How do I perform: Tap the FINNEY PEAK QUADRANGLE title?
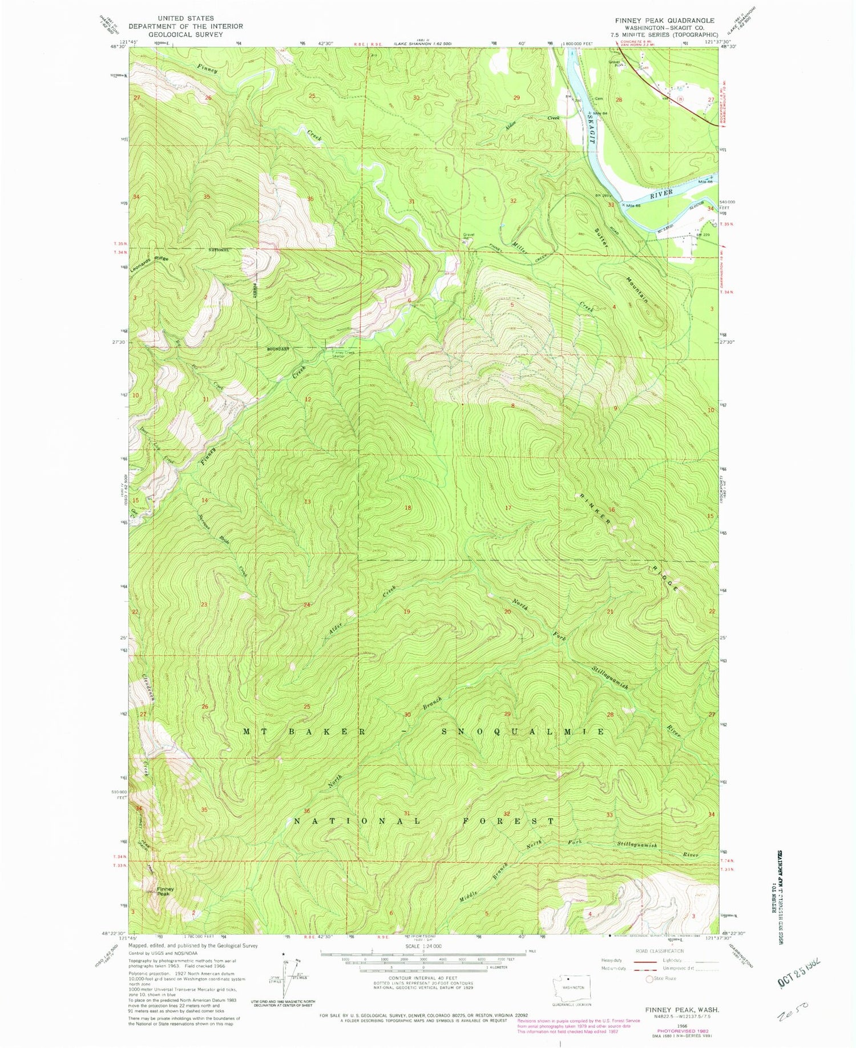[x=664, y=20]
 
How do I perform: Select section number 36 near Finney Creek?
[x=310, y=199]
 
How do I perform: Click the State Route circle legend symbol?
[x=649, y=978]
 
